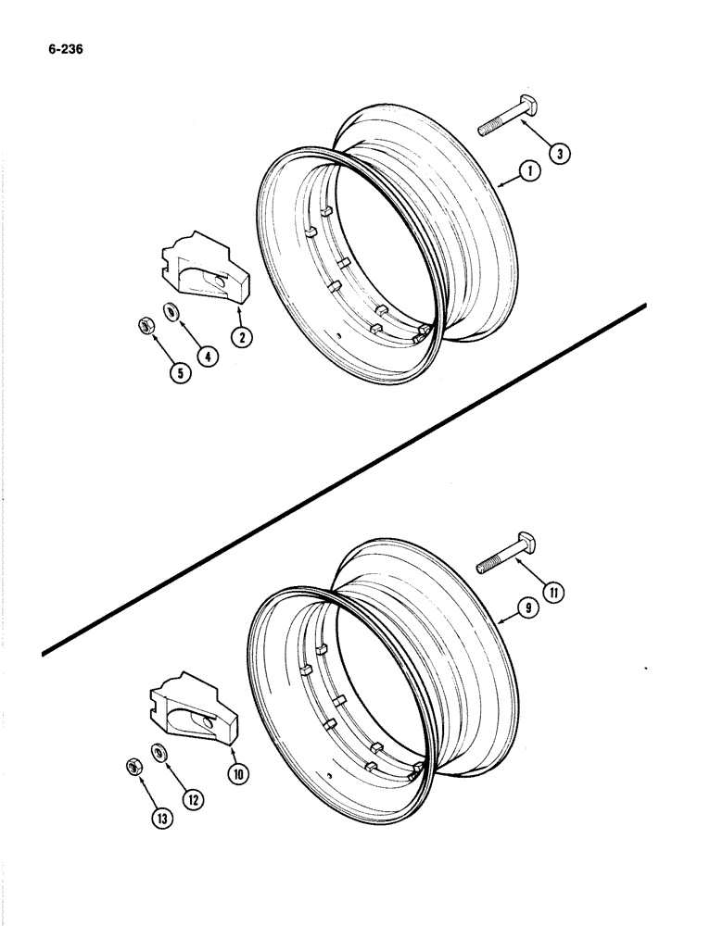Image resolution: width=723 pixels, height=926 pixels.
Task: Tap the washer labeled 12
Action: tap(159, 752)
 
